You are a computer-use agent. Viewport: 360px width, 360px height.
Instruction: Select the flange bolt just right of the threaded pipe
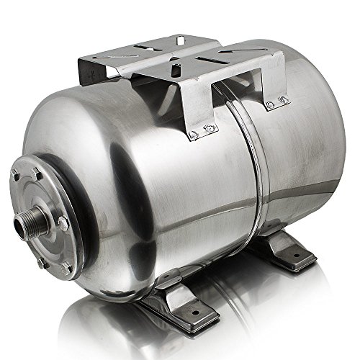63,225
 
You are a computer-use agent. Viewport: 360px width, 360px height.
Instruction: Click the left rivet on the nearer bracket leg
193,135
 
